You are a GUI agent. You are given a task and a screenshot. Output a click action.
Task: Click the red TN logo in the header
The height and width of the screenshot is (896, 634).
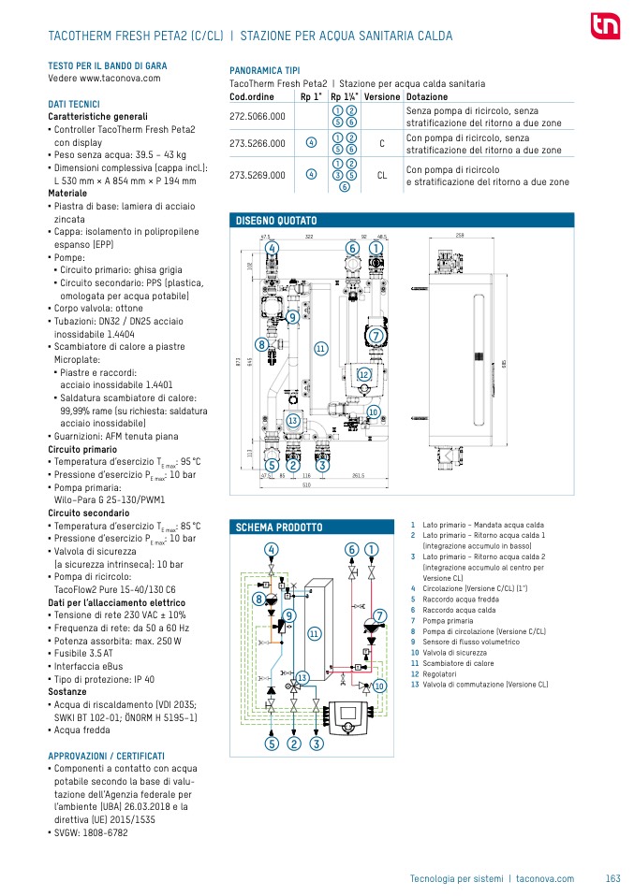point(604,27)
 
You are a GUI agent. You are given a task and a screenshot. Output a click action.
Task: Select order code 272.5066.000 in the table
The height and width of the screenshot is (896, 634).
point(258,116)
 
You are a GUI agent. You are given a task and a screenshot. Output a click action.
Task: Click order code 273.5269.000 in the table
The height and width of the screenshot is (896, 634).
point(258,174)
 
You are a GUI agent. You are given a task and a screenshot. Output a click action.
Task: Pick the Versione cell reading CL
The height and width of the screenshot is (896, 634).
point(382,174)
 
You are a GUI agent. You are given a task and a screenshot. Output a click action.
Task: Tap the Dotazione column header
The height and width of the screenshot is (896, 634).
point(427,96)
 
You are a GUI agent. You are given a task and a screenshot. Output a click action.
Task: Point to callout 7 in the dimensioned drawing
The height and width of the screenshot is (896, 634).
point(376,335)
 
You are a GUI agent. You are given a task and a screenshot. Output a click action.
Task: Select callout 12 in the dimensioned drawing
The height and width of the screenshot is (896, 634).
point(365,374)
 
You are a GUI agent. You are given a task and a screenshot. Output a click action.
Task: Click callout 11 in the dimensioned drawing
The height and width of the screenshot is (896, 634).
point(320,348)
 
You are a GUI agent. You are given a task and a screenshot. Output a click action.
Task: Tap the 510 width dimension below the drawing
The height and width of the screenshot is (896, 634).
point(306,486)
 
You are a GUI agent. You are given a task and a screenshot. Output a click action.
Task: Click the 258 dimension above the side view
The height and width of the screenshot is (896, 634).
point(460,235)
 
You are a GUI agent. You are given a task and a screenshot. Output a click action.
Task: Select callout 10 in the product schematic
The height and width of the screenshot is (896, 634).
point(379,686)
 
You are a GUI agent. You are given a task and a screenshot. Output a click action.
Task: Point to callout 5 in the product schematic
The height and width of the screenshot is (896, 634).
point(272,744)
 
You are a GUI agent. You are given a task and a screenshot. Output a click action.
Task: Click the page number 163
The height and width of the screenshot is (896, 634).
point(613,878)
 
